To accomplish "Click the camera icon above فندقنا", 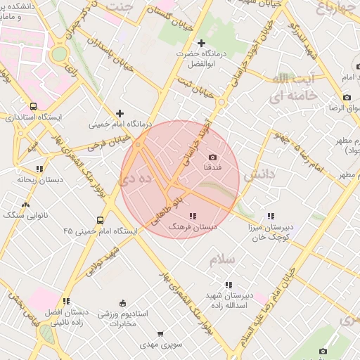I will pyautogui.click(x=212, y=157).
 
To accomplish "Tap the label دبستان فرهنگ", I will pyautogui.click(x=193, y=227).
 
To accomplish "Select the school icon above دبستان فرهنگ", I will pyautogui.click(x=193, y=216).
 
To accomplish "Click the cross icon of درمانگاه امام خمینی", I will pyautogui.click(x=120, y=112).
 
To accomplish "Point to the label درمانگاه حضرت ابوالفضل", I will pyautogui.click(x=202, y=59).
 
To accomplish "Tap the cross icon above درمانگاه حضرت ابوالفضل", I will pyautogui.click(x=202, y=44).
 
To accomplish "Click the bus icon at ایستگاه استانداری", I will pyautogui.click(x=25, y=105).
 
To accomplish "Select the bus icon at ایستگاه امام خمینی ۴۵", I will pyautogui.click(x=101, y=219).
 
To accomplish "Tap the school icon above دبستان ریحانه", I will pyautogui.click(x=39, y=169).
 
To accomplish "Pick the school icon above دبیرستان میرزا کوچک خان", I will pyautogui.click(x=271, y=216).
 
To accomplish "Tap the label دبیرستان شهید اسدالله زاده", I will pyautogui.click(x=229, y=299).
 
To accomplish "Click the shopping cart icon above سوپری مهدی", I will pyautogui.click(x=160, y=335).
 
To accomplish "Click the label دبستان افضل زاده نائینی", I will pyautogui.click(x=67, y=316).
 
